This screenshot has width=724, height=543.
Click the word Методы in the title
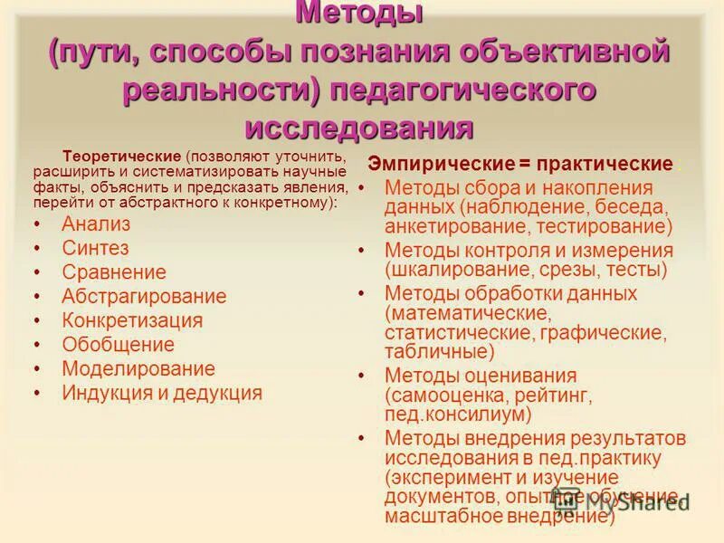click(360, 14)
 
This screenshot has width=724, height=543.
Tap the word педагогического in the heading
click(461, 91)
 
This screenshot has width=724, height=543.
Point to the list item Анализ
click(96, 224)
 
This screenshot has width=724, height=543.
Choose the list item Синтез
click(95, 247)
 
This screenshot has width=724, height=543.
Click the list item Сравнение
click(114, 271)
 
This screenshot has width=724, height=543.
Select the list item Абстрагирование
click(144, 296)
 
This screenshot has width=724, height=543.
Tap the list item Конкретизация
click(132, 320)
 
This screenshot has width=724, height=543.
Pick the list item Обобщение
click(118, 345)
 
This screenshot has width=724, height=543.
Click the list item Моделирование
click(138, 368)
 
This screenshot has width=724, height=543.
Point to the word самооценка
click(443, 395)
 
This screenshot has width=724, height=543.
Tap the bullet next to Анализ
click(36, 224)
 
